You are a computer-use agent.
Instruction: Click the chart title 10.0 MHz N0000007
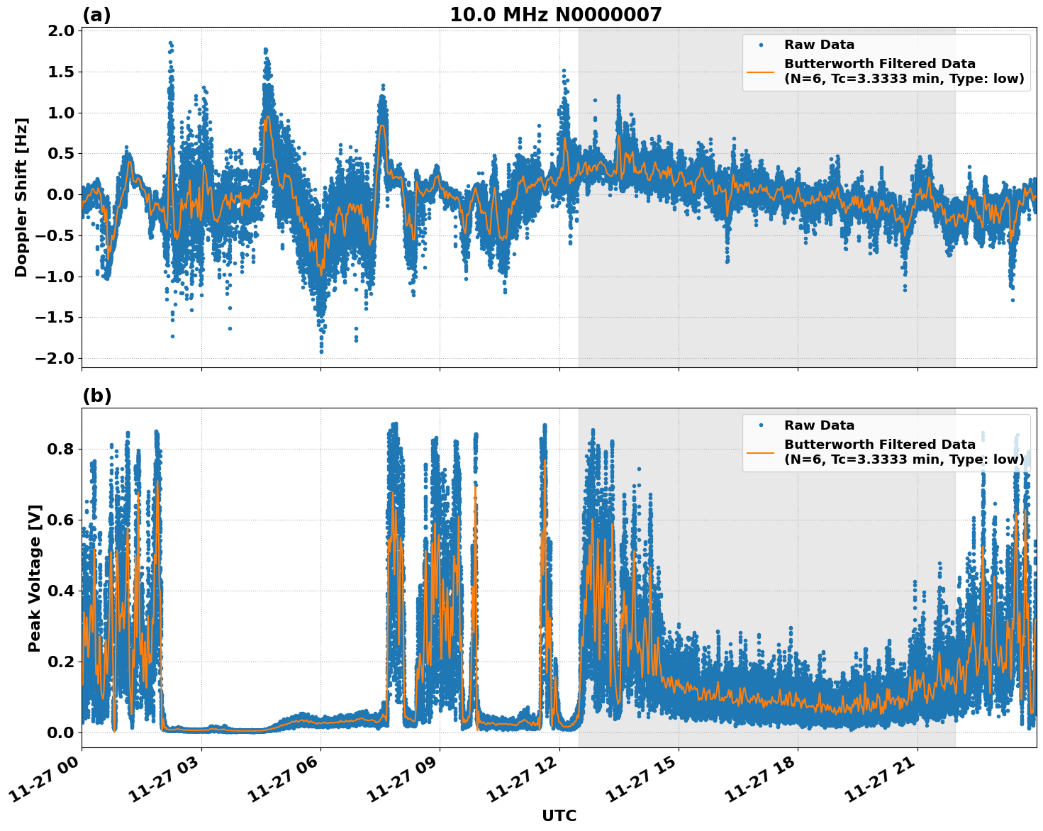[555, 14]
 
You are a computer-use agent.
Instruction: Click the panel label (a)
[96, 15]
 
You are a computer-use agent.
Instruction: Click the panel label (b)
[96, 396]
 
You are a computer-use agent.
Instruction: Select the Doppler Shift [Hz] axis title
[21, 197]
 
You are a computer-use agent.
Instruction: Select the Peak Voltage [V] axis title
[35, 578]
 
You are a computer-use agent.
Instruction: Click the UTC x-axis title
[559, 815]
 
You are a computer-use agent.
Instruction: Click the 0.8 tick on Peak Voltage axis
[62, 449]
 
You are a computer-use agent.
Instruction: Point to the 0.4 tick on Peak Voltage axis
[62, 591]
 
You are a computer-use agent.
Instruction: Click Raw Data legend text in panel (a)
[819, 45]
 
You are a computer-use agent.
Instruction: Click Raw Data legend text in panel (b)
[819, 425]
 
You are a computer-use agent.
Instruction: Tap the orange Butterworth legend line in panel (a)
[761, 72]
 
